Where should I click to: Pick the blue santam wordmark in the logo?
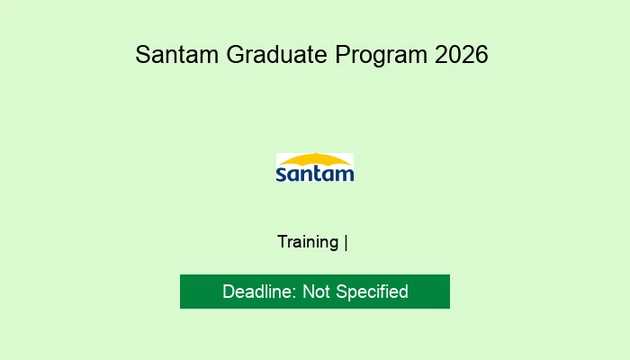[315, 173]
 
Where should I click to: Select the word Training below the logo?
[308, 241]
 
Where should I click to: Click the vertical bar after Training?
[346, 241]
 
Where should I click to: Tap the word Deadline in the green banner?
[259, 292]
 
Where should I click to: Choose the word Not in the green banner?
[317, 292]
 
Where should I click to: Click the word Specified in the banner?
[372, 292]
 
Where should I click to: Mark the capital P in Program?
[343, 55]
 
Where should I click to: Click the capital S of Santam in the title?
[142, 55]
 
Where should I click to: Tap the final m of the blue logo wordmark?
[345, 173]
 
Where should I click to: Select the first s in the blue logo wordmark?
[281, 173]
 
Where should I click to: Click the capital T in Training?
[282, 241]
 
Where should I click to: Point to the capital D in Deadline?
[228, 292]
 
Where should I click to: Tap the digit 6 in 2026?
[481, 55]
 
